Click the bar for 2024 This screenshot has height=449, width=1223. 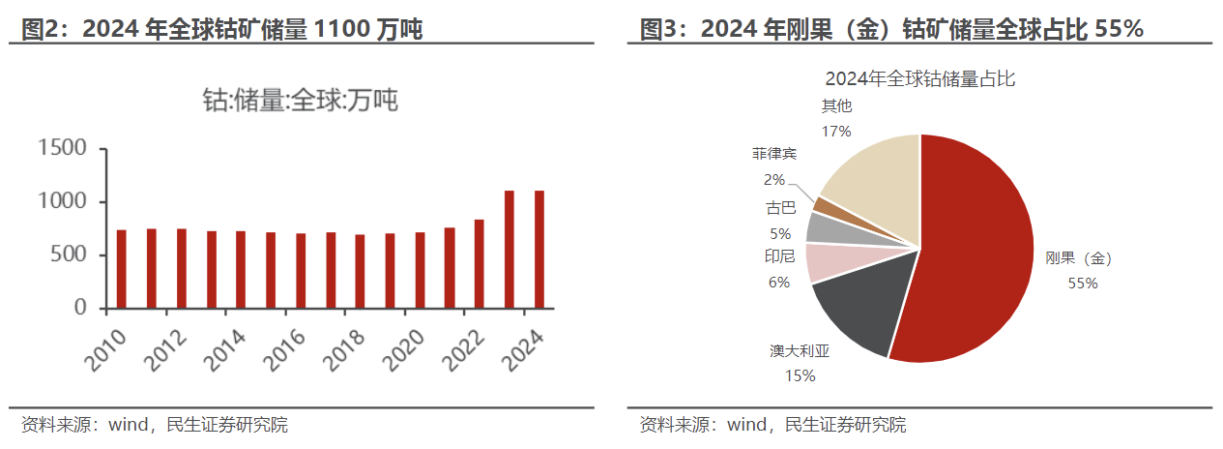539,249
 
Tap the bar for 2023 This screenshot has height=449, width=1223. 510,249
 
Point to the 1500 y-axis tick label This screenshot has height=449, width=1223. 62,148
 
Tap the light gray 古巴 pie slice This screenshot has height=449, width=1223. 827,227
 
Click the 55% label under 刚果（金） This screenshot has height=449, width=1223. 1083,284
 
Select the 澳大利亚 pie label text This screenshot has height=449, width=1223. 800,352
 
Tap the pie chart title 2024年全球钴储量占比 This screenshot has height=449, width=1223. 919,78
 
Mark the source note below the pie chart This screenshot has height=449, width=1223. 772,425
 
